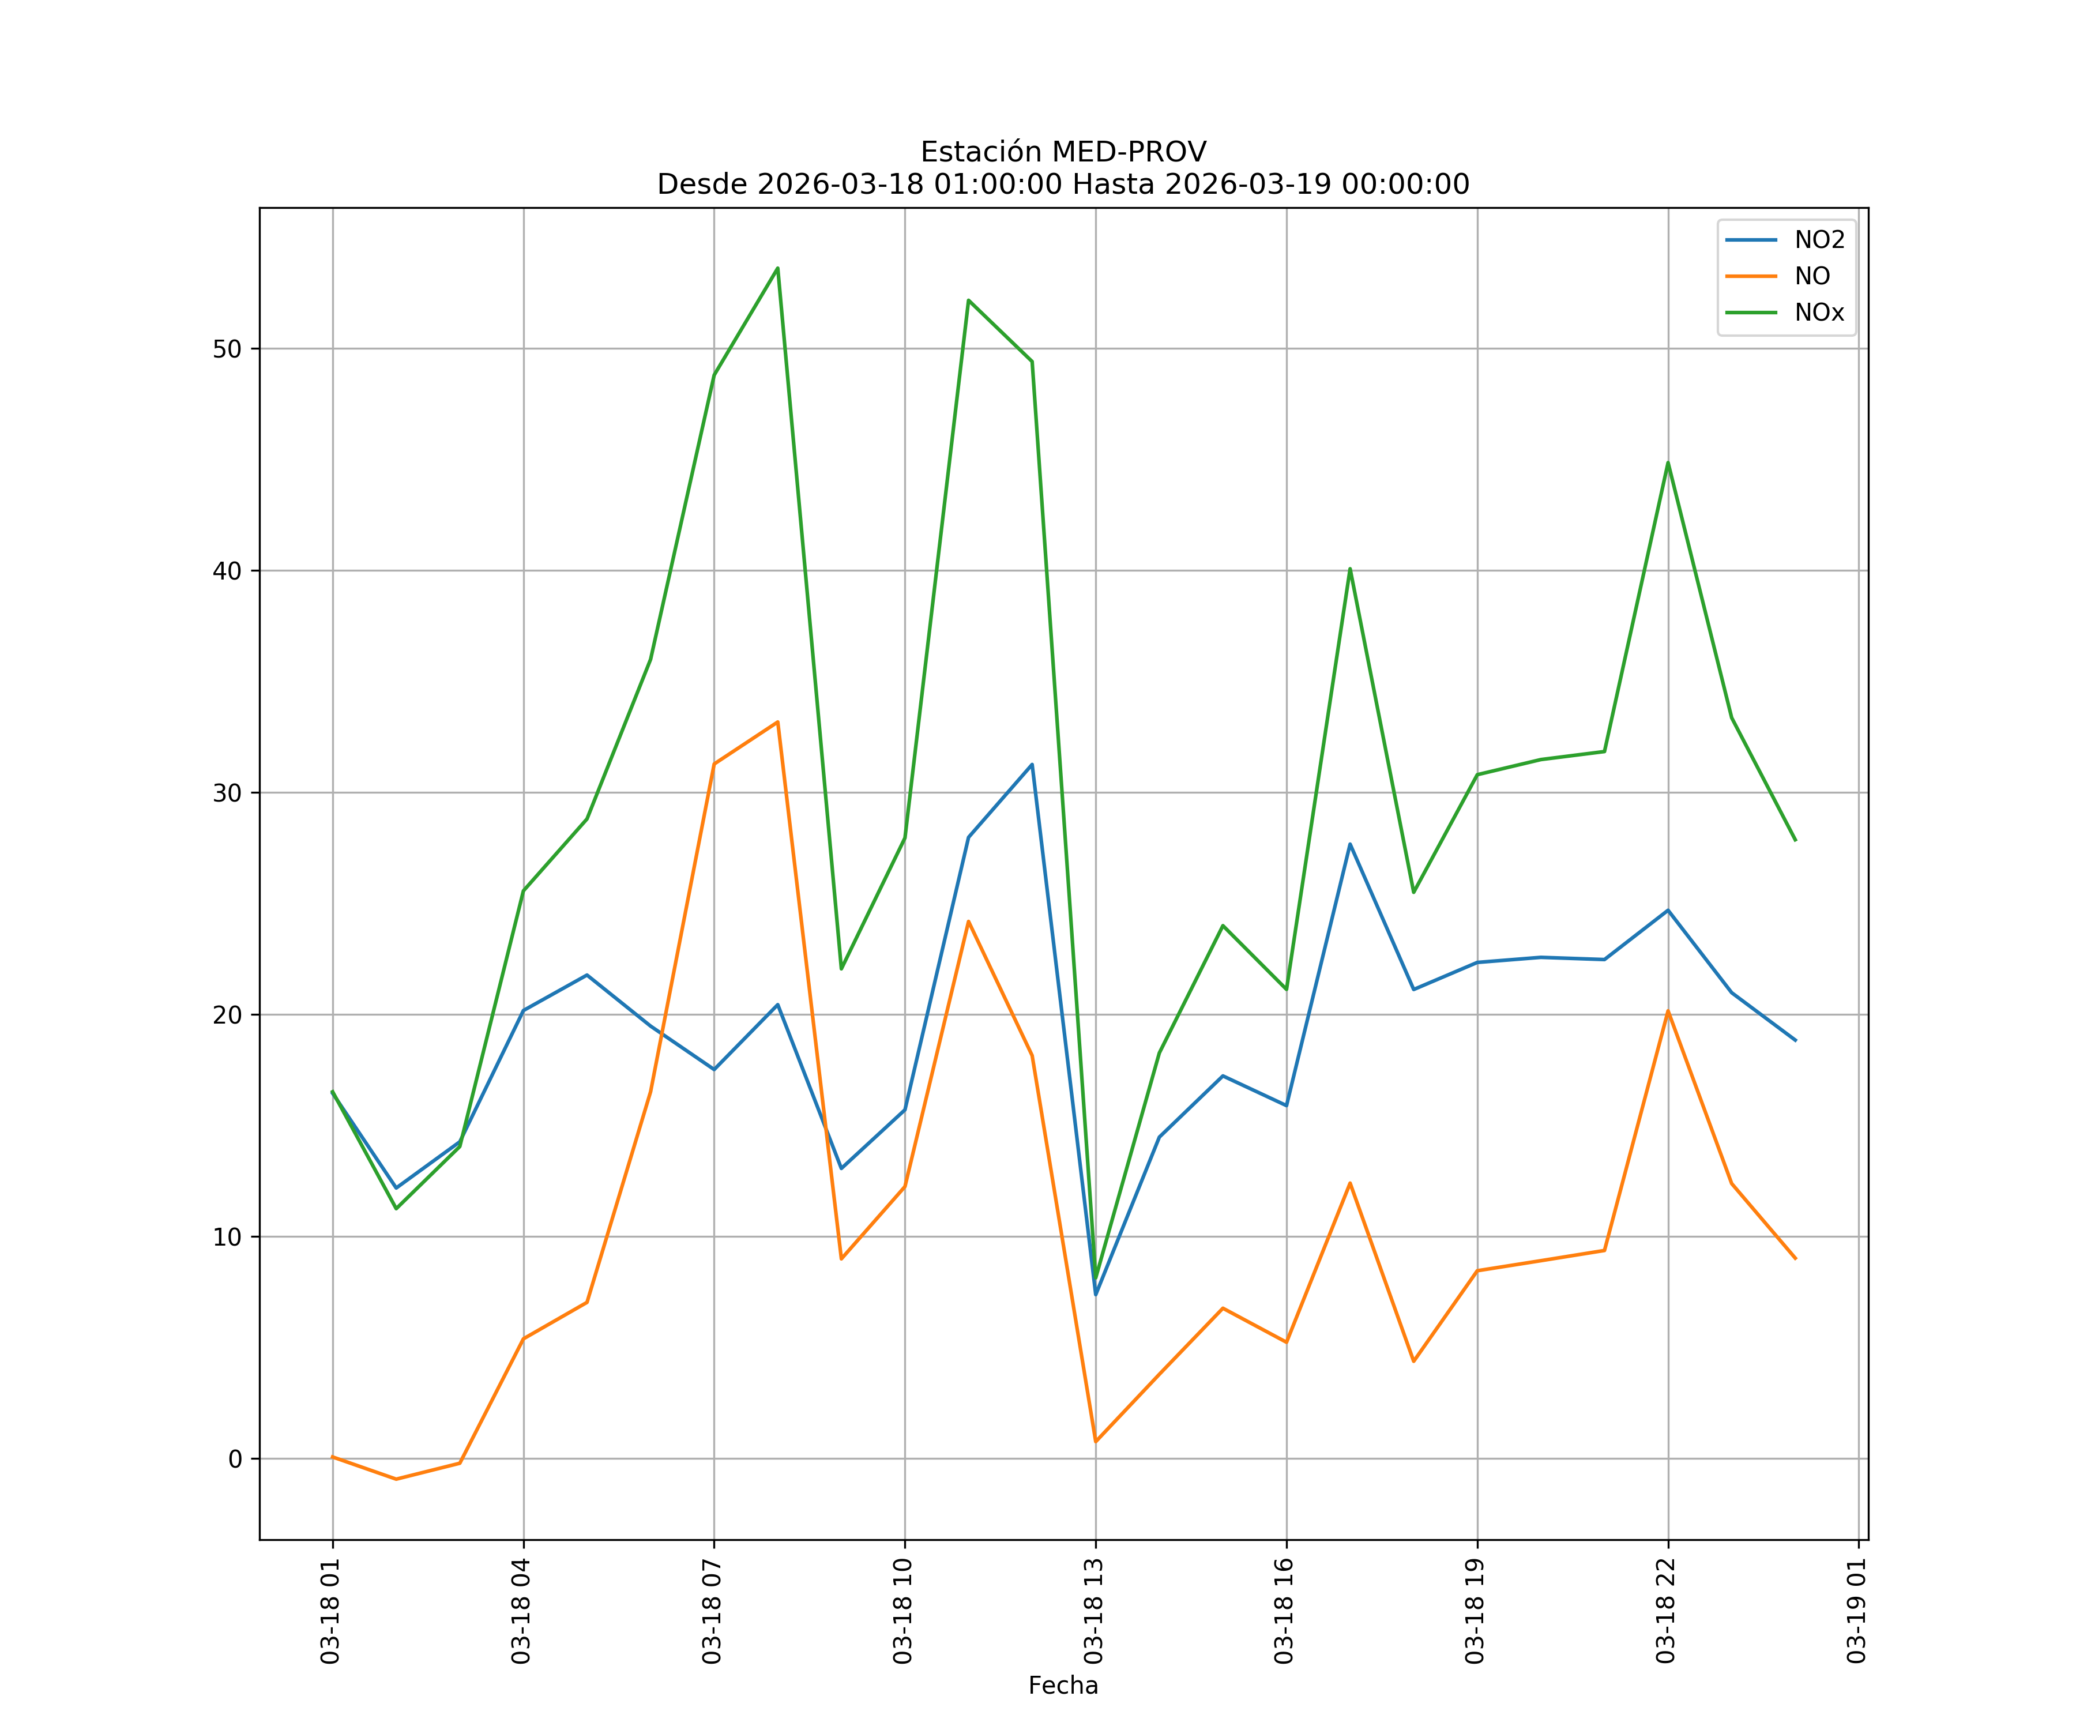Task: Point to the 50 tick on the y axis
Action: click(227, 349)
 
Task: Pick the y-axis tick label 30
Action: click(227, 793)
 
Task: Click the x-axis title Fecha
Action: click(1063, 1686)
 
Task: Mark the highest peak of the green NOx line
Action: click(777, 268)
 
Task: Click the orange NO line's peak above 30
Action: click(777, 721)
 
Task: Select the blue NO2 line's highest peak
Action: click(1031, 764)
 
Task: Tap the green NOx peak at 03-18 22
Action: click(1668, 462)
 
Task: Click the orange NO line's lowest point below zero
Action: click(396, 1479)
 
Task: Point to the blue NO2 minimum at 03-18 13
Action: click(1095, 1295)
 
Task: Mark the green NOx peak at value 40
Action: click(1349, 569)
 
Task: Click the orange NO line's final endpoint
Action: click(1795, 1258)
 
